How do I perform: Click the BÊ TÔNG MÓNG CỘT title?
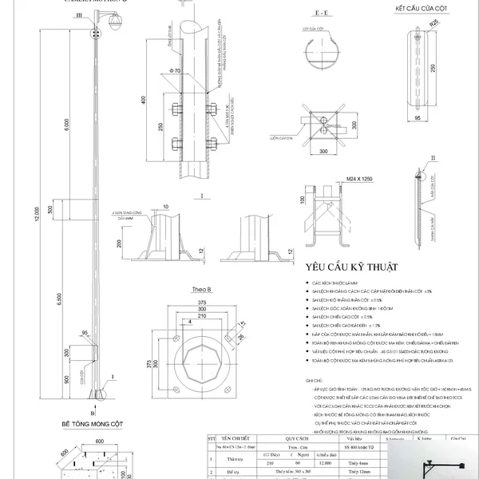94,426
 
